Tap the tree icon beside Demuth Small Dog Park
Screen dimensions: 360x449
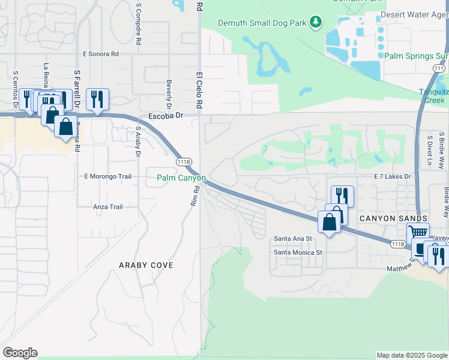pos(316,23)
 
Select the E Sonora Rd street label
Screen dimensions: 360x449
pos(101,54)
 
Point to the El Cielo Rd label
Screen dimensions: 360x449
pos(199,91)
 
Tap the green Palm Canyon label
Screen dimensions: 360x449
pos(181,178)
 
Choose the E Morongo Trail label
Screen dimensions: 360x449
pos(107,176)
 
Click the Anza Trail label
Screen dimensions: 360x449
pos(107,207)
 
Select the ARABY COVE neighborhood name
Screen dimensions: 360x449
pos(146,265)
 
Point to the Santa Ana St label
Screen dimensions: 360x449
pos(293,238)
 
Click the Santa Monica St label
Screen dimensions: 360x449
pos(298,253)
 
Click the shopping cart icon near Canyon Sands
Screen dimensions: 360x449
pos(418,232)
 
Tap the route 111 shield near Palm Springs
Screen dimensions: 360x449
pos(438,69)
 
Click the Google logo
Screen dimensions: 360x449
pos(20,353)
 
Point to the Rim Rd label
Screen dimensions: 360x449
pos(194,197)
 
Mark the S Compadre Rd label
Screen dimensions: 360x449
pos(139,23)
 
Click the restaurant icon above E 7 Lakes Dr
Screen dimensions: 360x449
pos(342,195)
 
